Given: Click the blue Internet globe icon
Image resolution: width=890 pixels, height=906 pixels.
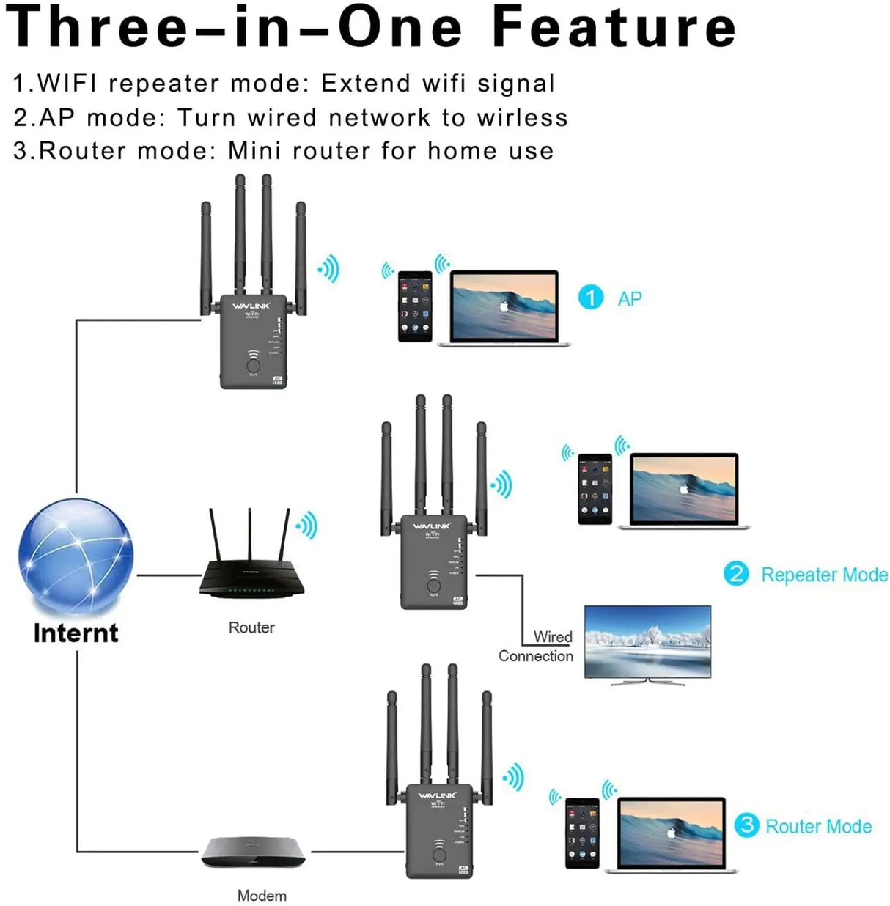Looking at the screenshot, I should click(76, 556).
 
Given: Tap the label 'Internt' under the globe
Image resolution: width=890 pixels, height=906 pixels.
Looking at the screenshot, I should click(76, 633).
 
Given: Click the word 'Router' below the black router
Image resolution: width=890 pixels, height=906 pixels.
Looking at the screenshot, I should click(251, 627).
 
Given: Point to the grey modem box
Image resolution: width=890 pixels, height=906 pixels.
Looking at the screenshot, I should click(254, 852).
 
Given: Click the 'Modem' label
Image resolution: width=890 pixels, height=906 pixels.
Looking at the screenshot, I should click(262, 895).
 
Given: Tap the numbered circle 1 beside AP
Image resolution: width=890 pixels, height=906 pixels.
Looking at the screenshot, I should click(590, 297).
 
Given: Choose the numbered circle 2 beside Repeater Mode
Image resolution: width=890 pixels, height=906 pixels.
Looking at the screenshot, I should click(735, 573).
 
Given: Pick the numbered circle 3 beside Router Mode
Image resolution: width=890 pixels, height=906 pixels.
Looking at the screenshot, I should click(746, 825).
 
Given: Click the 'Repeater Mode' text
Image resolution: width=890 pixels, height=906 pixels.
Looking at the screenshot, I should click(824, 575).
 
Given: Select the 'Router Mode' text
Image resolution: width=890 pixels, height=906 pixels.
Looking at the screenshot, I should click(818, 826).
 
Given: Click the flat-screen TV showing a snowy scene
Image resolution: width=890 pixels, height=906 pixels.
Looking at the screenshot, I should click(647, 642).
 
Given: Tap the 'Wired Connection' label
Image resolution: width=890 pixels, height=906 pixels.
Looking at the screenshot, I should click(537, 647).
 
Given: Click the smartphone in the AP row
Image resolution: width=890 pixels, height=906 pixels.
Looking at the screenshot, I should click(415, 306).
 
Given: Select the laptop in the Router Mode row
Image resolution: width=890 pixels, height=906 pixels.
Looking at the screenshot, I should click(671, 833).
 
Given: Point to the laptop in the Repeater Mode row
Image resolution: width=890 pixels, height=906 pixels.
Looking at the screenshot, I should click(684, 490).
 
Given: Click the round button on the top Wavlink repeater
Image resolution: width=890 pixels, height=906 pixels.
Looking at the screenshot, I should click(253, 364).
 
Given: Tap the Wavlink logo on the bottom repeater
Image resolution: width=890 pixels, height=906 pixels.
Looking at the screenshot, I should click(437, 795).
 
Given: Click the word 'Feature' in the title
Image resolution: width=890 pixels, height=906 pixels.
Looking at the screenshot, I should click(613, 26).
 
